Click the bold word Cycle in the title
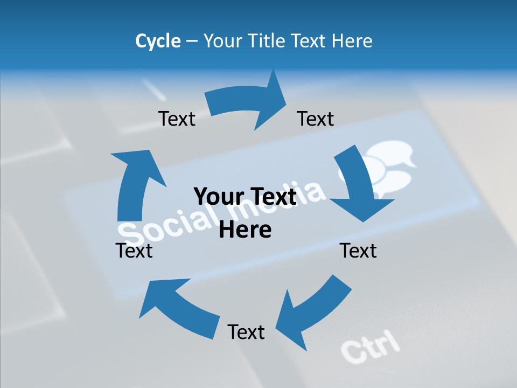pyautogui.click(x=158, y=41)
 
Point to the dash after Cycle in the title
pyautogui.click(x=192, y=41)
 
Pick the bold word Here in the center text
pyautogui.click(x=246, y=230)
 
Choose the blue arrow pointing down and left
pyautogui.click(x=312, y=313)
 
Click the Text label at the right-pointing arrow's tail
pyautogui.click(x=177, y=119)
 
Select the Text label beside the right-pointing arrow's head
pyautogui.click(x=316, y=119)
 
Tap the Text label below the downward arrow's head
pyautogui.click(x=358, y=251)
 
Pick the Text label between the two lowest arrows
pyautogui.click(x=246, y=332)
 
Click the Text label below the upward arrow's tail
pyautogui.click(x=134, y=251)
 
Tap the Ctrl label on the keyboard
pyautogui.click(x=371, y=345)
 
